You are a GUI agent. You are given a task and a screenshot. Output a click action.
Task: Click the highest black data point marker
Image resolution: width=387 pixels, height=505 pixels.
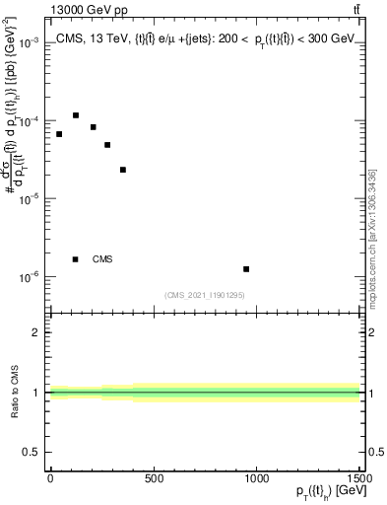pos(76,115)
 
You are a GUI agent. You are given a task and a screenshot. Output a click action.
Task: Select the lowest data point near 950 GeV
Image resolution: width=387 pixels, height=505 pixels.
pos(246,268)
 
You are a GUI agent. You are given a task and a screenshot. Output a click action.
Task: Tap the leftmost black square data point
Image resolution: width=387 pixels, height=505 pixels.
pos(59,134)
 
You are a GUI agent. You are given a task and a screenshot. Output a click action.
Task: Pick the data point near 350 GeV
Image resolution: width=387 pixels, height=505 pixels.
pos(123,170)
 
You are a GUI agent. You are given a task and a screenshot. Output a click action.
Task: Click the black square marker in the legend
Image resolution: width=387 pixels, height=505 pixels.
pos(76,259)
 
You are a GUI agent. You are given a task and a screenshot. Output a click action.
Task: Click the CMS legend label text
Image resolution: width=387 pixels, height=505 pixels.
pos(102,259)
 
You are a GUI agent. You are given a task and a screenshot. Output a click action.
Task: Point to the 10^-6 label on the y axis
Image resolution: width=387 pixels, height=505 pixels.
pos(28,277)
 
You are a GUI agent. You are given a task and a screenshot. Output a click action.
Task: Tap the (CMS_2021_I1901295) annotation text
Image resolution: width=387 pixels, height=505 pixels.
pos(205,295)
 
